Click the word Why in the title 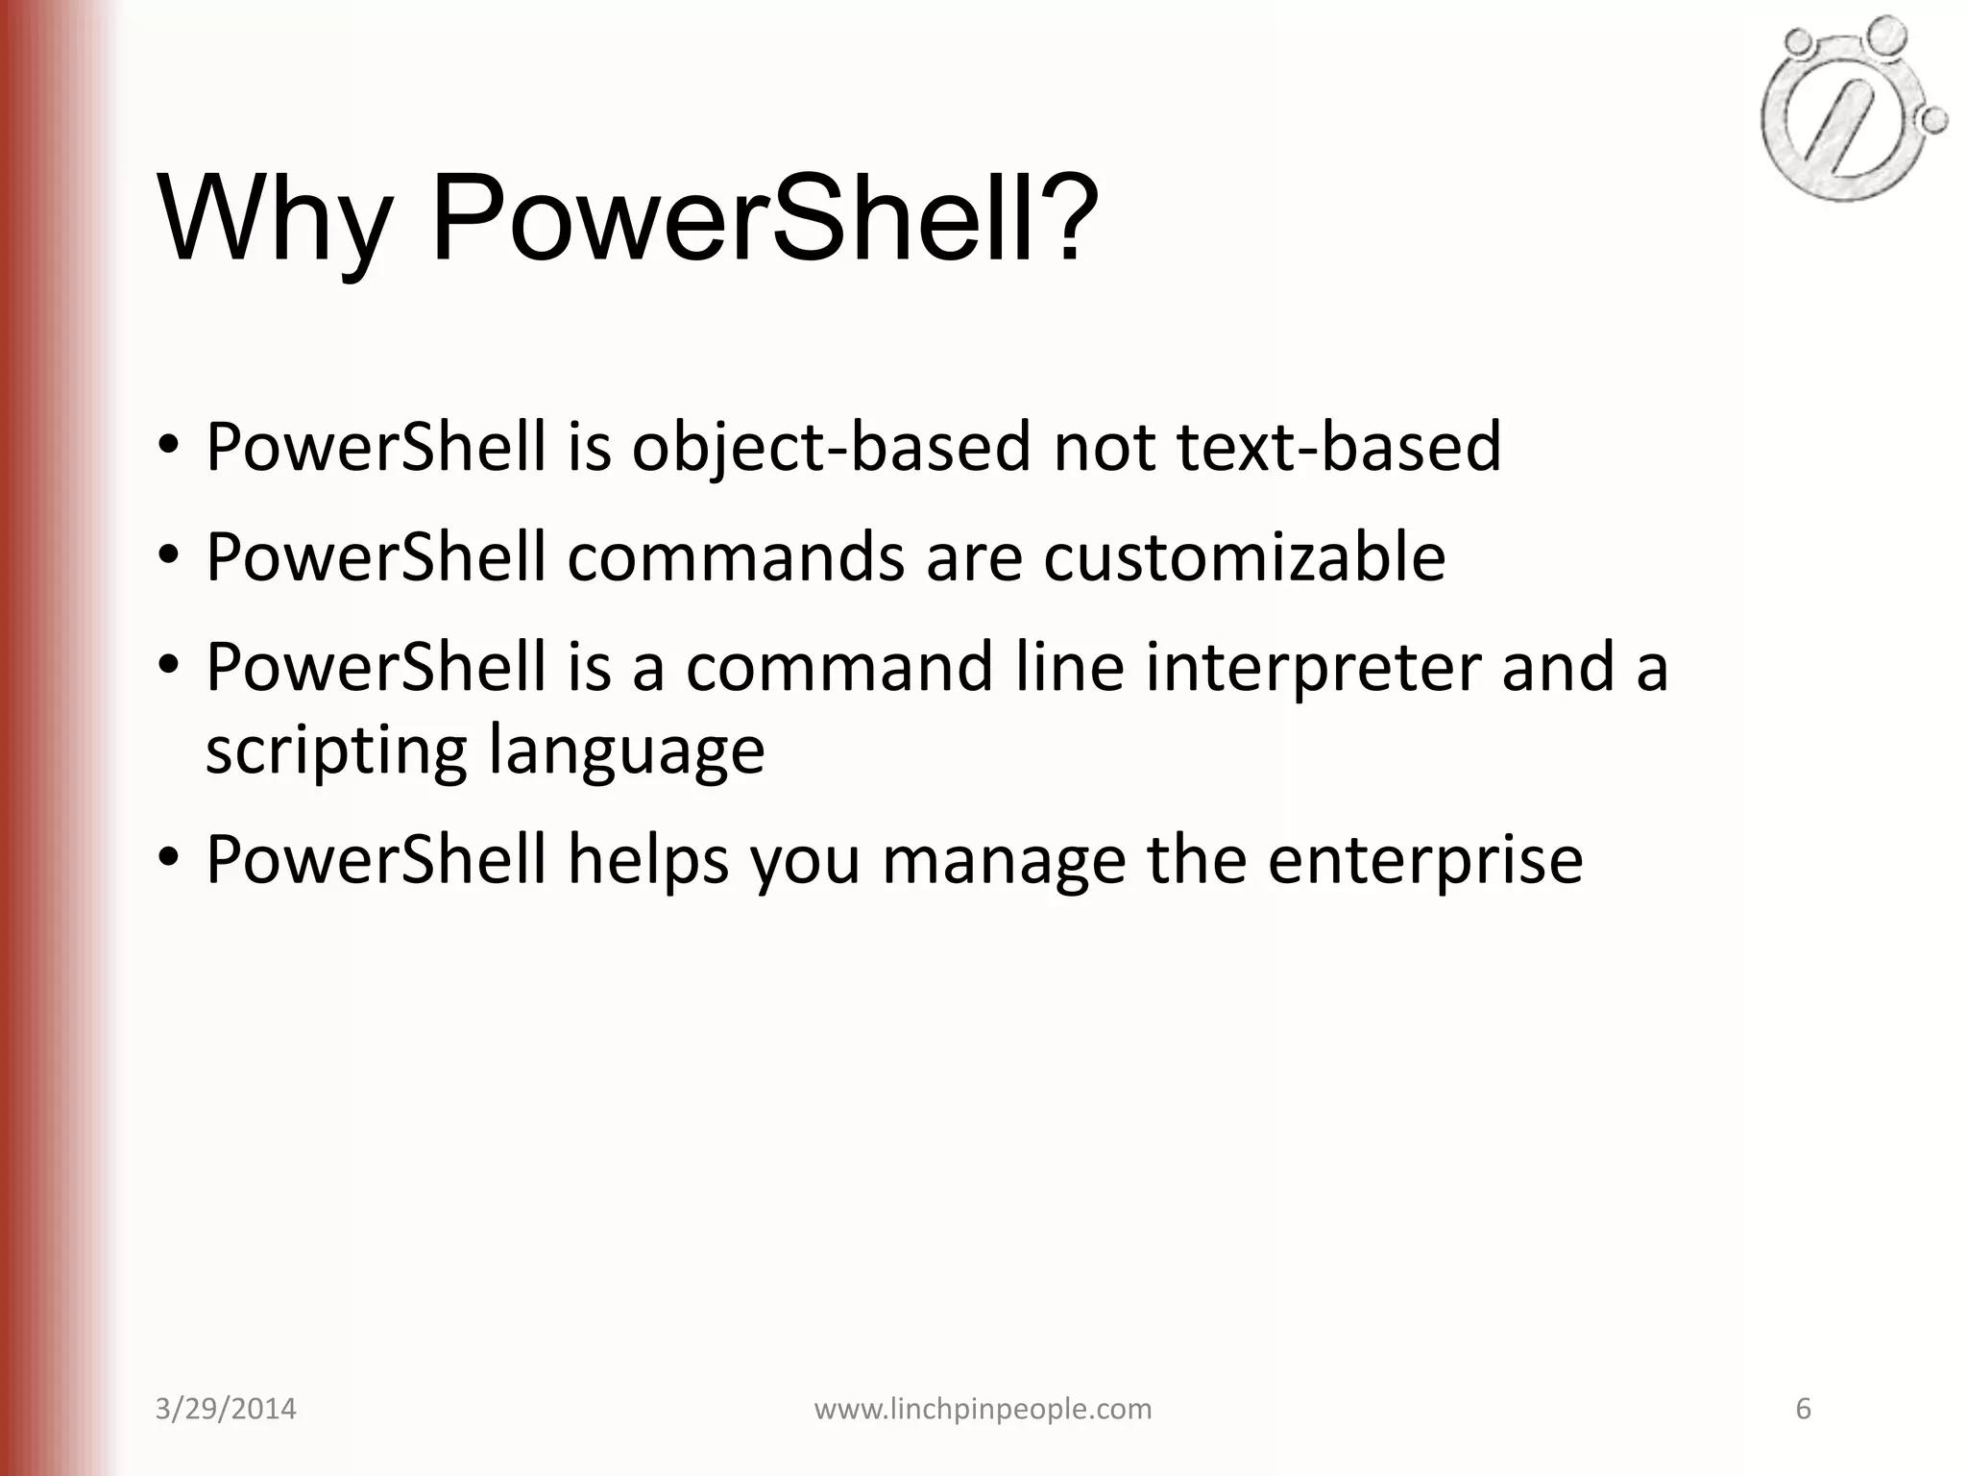point(275,219)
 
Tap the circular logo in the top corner point(1849,111)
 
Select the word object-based point(831,447)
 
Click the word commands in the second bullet point(736,556)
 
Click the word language point(626,750)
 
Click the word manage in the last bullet point(1004,859)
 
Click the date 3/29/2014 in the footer point(226,1409)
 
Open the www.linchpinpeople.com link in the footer point(983,1409)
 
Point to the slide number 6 point(1803,1409)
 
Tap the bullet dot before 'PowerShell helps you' point(170,857)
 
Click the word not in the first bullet point(1104,447)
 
